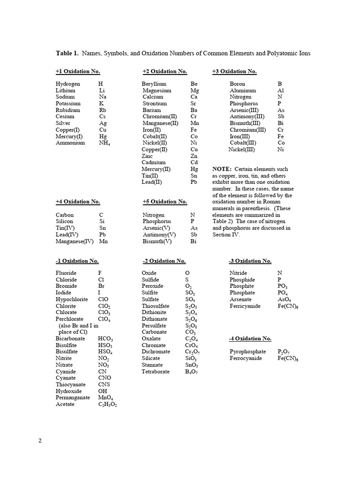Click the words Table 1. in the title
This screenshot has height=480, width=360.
pos(67,53)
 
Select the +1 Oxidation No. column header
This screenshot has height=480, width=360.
pos(78,71)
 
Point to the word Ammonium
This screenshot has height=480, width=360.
pos(70,142)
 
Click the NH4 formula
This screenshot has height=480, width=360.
pos(104,143)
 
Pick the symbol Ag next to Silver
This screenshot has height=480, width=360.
pos(103,123)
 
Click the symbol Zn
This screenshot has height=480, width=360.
pos(194,156)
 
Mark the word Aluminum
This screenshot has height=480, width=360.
pos(243,90)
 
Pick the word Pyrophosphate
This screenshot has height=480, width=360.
pos(247,352)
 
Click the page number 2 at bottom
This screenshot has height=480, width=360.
pos(40,441)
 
